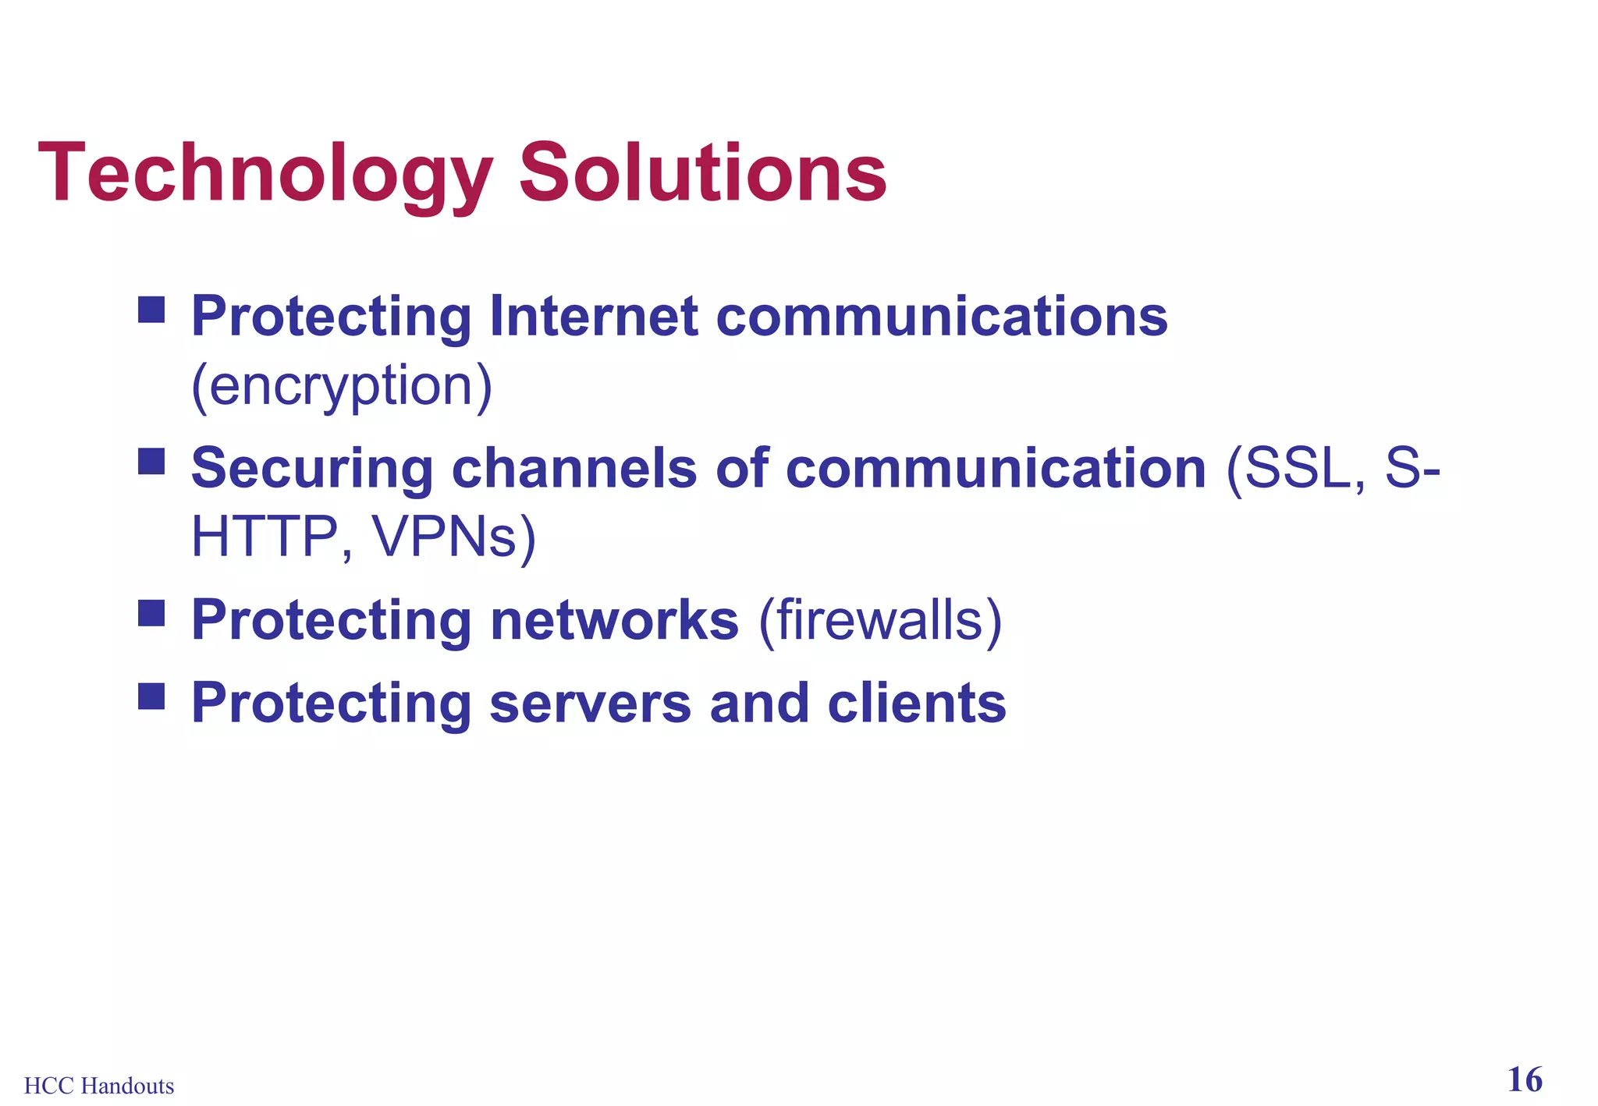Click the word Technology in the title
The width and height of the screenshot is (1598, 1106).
pos(265,173)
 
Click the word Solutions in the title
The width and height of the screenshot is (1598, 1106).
pos(702,173)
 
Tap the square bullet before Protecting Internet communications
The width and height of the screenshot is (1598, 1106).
pos(151,310)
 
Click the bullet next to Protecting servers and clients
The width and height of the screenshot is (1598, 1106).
pos(151,696)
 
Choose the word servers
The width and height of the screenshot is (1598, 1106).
pos(590,703)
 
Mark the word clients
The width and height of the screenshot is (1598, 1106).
pos(917,703)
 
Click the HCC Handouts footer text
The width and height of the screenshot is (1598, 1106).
pos(99,1086)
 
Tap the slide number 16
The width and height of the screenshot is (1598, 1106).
pos(1525,1080)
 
